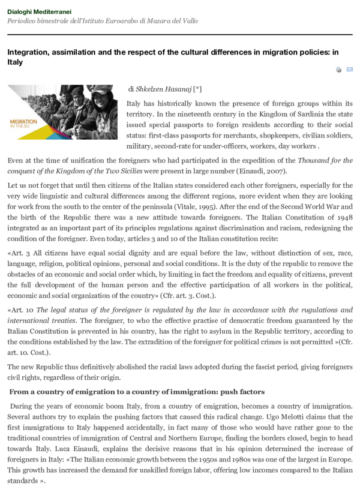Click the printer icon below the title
(338, 70)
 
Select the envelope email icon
(350, 70)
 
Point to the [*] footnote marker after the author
(198, 89)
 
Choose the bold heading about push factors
(137, 392)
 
